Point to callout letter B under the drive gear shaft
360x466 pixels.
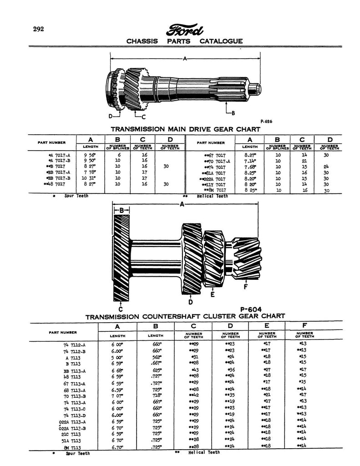pos(233,112)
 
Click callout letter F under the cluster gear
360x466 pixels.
pos(246,287)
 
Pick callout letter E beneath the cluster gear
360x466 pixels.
pos(213,294)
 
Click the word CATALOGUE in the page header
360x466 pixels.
pos(221,41)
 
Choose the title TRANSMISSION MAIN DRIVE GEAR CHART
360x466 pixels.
pos(186,129)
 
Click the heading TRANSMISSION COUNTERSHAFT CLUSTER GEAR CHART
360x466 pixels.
pos(185,316)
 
